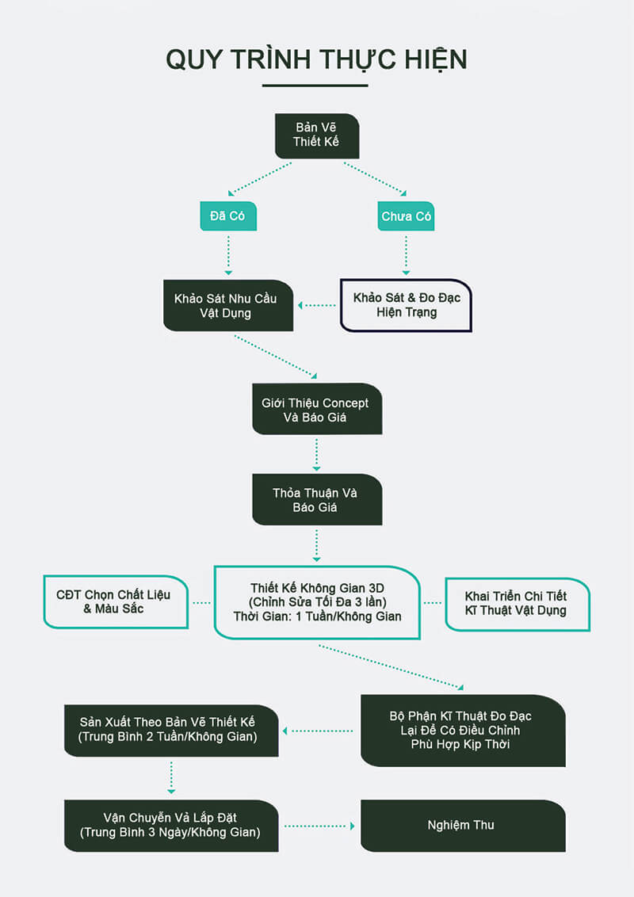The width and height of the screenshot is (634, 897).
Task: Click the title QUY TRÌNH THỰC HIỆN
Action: click(x=316, y=59)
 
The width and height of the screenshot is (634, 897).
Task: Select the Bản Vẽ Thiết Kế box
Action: click(x=317, y=136)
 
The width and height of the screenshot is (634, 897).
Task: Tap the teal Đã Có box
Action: click(x=228, y=216)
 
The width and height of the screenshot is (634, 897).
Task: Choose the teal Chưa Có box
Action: click(x=407, y=216)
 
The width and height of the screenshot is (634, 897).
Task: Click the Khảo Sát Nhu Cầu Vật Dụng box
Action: click(x=228, y=305)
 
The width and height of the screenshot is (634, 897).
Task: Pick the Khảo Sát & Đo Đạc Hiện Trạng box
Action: click(x=406, y=305)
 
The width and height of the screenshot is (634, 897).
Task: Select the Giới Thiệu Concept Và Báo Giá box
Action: click(x=316, y=409)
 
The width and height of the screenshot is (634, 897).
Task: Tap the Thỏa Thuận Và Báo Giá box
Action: click(x=316, y=499)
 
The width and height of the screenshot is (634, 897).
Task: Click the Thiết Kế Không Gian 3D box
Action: click(x=317, y=602)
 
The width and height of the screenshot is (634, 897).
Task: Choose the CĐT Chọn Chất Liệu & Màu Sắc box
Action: click(x=118, y=602)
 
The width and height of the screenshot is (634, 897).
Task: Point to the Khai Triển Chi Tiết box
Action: click(x=517, y=603)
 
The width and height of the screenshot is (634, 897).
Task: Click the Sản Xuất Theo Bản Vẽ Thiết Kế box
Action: click(x=171, y=730)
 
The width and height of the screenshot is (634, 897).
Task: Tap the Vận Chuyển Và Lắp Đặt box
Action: click(x=171, y=825)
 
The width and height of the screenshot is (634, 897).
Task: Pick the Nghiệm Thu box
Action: click(x=463, y=825)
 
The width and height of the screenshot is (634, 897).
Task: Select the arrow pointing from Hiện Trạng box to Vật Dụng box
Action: click(x=317, y=305)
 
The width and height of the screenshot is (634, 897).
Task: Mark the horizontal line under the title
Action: click(x=315, y=86)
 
